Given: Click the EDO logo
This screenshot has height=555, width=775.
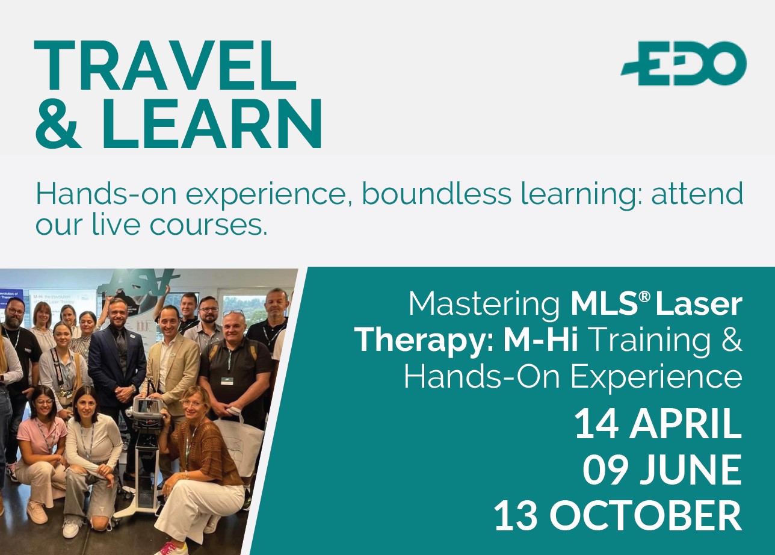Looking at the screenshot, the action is [x=684, y=63].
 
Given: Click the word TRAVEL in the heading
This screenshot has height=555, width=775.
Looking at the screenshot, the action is [x=165, y=66].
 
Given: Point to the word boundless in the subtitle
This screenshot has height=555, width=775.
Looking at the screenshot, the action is [x=437, y=194].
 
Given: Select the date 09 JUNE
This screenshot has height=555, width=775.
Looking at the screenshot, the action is [x=662, y=471].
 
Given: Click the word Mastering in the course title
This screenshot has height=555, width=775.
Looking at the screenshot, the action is [x=484, y=305].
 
